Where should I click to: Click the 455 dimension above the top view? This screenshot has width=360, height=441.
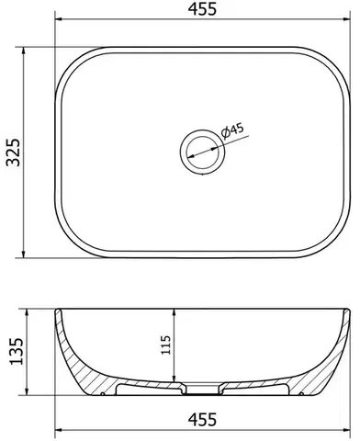coord(202,9)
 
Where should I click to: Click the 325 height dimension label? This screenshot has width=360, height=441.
coord(13,153)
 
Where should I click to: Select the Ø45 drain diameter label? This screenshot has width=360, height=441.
coord(232,130)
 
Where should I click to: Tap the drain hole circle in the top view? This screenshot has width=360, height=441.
coord(203,152)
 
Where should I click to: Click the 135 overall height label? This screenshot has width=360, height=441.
coord(17,351)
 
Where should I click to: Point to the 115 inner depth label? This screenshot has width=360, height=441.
coord(165,345)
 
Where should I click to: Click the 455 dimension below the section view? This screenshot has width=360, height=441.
coord(202,420)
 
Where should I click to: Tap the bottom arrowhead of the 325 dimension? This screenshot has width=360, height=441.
coord(23,254)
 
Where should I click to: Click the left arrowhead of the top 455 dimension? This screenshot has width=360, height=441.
coord(59,19)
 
